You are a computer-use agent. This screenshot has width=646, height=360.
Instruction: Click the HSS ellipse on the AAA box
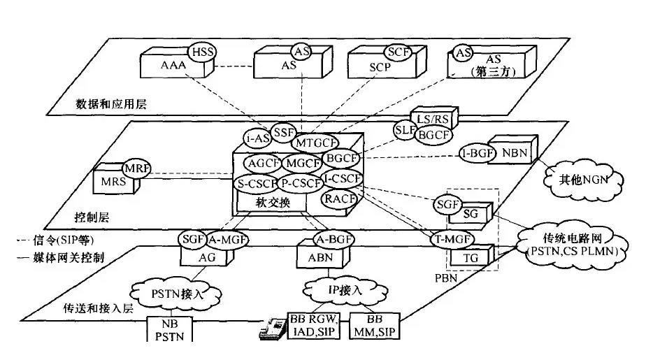coord(201,52)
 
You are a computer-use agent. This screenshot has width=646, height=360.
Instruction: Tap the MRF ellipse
coord(136,168)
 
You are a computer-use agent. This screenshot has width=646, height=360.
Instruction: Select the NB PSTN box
coord(168,330)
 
